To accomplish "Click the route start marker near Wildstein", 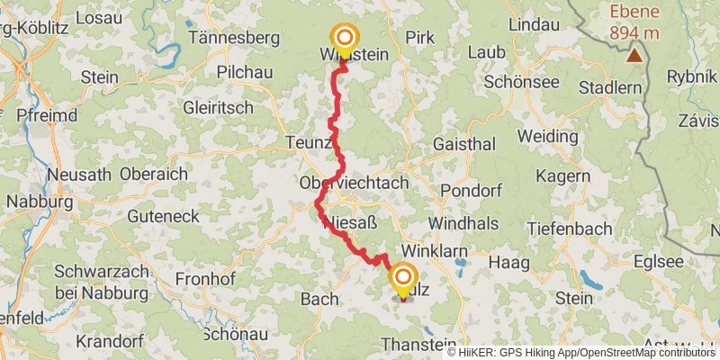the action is [x=345, y=38].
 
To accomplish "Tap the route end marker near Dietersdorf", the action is [x=402, y=278].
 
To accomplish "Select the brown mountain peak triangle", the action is [x=635, y=55].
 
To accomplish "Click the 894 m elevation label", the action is [x=635, y=33].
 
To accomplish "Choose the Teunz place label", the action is [x=309, y=142].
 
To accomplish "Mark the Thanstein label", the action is [x=418, y=344].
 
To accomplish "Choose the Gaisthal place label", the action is [x=463, y=144].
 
